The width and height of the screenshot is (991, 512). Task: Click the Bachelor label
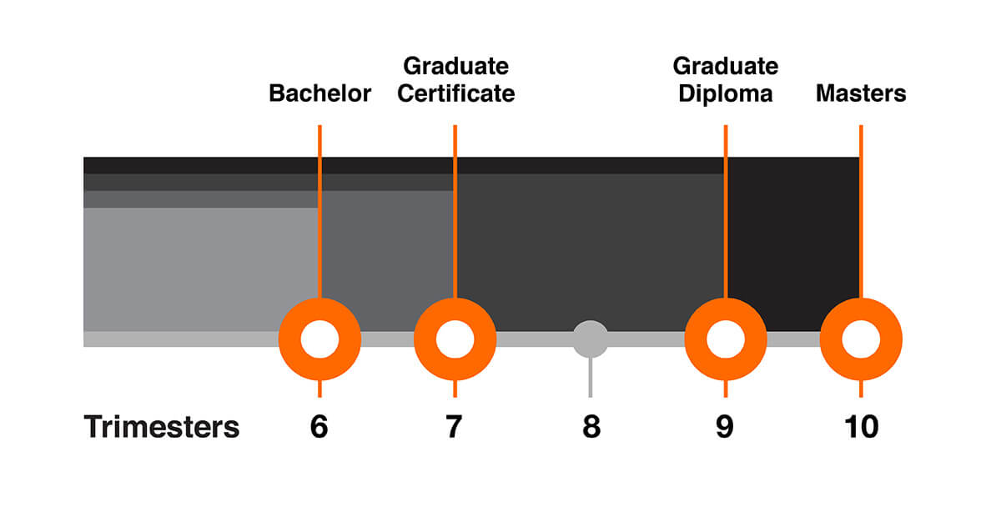tap(319, 93)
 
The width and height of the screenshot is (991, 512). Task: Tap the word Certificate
tap(455, 93)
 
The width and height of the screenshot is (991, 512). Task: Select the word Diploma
tap(726, 93)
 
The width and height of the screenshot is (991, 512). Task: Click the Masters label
tap(861, 93)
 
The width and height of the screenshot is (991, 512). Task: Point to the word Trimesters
tap(162, 427)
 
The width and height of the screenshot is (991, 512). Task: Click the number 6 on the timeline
tap(319, 427)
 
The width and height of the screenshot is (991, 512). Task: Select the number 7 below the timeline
tap(454, 427)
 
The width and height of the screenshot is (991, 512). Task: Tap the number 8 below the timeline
tap(591, 427)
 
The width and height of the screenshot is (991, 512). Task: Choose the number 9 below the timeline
tap(725, 427)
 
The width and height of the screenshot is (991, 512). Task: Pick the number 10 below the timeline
tap(861, 427)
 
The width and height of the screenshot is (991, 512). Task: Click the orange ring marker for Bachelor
tap(319, 339)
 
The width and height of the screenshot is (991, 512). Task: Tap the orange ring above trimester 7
tap(455, 339)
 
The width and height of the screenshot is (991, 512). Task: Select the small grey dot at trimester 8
tap(591, 339)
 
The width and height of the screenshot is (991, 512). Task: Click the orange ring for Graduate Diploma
tap(726, 339)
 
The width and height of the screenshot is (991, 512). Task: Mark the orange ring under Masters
tap(861, 339)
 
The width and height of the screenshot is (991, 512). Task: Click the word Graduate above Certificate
tap(455, 66)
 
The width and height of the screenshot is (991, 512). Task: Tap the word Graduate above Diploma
tap(726, 66)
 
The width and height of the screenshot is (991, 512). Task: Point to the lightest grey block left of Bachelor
tap(200, 269)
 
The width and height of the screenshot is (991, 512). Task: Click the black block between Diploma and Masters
tap(793, 244)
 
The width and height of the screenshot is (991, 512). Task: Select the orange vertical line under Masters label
tap(861, 212)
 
